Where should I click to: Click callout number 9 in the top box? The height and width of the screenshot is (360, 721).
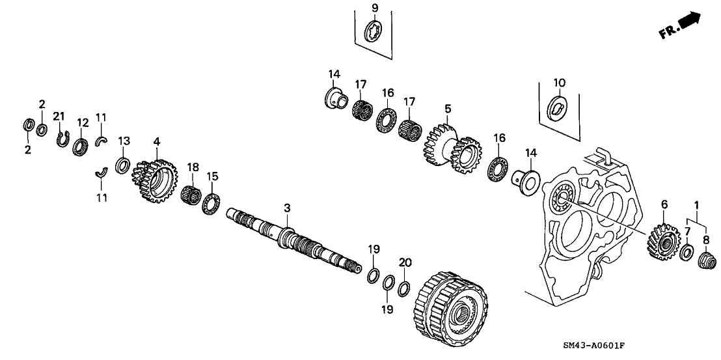coord(374,7)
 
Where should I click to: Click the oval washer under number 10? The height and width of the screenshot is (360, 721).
coord(558,107)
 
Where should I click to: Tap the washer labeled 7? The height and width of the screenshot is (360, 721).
coord(686,253)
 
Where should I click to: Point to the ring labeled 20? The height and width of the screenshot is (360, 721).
coord(404,288)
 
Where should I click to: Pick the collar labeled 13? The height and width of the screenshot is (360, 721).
coord(122,165)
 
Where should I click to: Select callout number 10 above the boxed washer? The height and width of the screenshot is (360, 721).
coord(560,83)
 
